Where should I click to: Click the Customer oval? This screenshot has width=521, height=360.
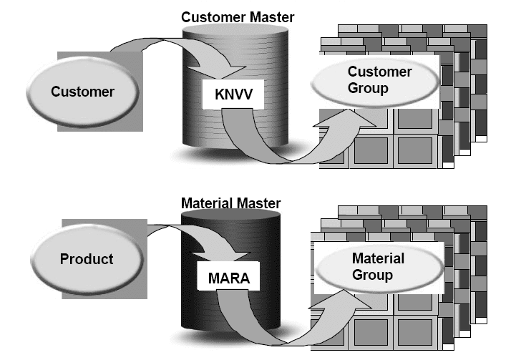coord(82,91)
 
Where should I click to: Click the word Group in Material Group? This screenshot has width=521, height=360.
coord(373,276)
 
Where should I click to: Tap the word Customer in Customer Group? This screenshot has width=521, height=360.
coord(380,72)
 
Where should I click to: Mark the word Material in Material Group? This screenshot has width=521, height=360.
coord(378,258)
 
